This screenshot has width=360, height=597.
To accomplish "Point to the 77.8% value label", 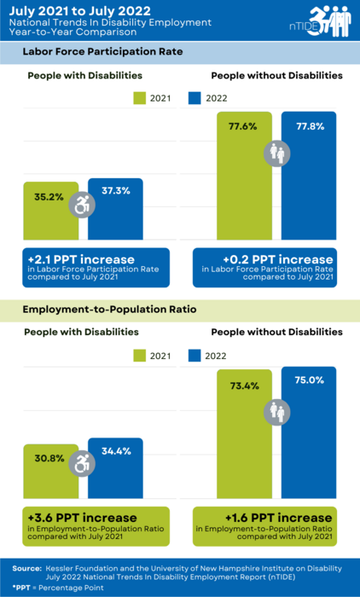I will click(310, 125).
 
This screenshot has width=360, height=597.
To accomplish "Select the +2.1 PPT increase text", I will click(70, 258).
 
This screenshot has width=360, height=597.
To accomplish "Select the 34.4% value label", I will click(115, 449).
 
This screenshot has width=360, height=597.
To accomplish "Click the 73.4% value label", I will click(244, 385).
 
